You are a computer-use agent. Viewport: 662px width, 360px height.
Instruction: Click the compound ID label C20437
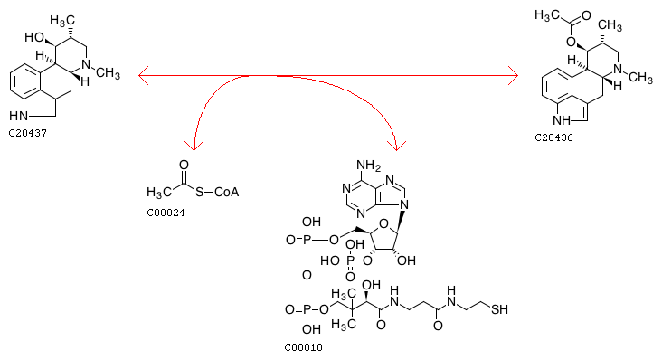tap(27, 133)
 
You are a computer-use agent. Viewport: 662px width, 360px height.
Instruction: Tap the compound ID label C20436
tap(553, 138)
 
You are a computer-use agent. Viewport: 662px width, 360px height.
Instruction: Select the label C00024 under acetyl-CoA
tap(165, 213)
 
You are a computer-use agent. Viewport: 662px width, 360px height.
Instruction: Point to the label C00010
tap(303, 347)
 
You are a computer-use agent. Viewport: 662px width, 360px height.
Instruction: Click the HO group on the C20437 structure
tap(34, 37)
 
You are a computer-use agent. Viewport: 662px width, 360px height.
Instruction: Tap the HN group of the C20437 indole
tap(19, 116)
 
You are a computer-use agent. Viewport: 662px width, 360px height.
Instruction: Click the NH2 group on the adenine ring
tap(368, 165)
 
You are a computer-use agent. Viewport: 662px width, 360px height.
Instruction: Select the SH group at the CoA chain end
tap(499, 309)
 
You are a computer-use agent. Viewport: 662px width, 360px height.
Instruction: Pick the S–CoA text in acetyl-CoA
tap(217, 192)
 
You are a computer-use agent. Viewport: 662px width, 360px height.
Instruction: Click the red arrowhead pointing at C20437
tap(144, 76)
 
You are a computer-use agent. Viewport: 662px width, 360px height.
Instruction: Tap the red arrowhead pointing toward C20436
tap(513, 76)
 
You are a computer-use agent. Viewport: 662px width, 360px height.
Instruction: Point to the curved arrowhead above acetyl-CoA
tap(194, 146)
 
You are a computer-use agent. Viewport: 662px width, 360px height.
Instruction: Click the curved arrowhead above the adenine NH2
tap(396, 146)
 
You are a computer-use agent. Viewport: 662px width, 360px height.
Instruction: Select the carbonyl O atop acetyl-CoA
tap(184, 165)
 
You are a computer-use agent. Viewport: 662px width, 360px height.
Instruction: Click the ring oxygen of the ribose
tap(383, 223)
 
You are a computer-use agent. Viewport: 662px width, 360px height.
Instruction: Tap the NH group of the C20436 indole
tap(562, 120)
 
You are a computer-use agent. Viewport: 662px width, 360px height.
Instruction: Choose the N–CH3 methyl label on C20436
tap(640, 78)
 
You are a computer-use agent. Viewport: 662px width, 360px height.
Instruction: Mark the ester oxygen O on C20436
tap(571, 42)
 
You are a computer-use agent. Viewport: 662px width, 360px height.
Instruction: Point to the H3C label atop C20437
tap(62, 20)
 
